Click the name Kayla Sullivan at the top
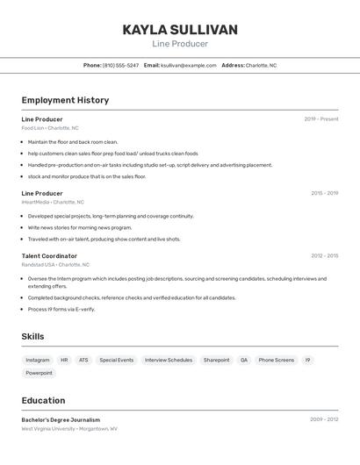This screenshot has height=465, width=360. [180, 30]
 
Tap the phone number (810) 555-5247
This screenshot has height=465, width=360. [120, 65]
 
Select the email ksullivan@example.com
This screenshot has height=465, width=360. [188, 65]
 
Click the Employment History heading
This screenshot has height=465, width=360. [65, 100]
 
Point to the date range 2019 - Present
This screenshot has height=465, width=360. [320, 119]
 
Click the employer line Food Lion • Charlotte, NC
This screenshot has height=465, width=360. [50, 128]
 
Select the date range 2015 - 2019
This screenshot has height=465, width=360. [324, 193]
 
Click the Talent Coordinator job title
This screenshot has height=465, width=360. [49, 256]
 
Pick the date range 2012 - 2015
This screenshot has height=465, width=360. [324, 256]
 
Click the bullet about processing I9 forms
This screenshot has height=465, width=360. [61, 309]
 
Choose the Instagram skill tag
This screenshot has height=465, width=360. [38, 360]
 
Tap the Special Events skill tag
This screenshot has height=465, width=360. [117, 360]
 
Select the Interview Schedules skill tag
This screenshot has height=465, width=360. [168, 360]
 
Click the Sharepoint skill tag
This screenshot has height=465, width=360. [216, 360]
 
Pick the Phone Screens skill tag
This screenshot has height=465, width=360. [277, 360]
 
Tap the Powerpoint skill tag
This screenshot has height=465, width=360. [39, 373]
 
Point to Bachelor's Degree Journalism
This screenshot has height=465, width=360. [61, 419]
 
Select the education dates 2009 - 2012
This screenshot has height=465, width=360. [324, 419]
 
